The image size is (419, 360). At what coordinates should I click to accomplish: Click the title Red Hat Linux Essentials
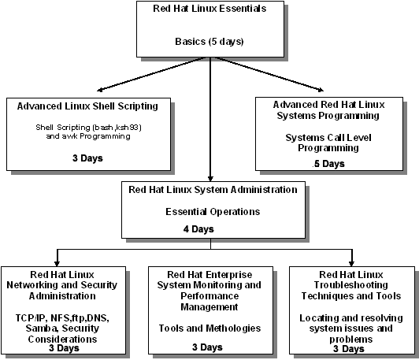tap(209, 9)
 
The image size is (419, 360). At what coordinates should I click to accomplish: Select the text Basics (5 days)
tap(209, 42)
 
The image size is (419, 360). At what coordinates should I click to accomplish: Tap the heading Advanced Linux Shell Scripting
tap(87, 106)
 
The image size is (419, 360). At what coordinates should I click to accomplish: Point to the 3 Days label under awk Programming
tap(87, 158)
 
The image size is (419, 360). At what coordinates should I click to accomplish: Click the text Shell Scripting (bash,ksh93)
tap(88, 128)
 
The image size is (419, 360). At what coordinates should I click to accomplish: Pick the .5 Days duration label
tap(328, 164)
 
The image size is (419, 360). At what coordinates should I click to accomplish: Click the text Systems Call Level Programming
tap(328, 143)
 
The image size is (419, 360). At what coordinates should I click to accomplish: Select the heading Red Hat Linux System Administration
tap(213, 190)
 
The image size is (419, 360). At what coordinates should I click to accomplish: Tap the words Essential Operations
tap(213, 212)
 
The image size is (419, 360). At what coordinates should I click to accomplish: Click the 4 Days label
tap(198, 229)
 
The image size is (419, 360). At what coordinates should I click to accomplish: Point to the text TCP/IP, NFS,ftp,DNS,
tap(62, 318)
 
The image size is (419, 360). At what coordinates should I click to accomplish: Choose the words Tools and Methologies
tap(209, 328)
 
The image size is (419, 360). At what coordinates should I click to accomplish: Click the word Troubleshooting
tap(350, 285)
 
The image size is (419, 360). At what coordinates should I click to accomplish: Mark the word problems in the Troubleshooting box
tap(350, 340)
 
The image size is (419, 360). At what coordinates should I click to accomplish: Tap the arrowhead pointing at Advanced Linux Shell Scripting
tap(100, 90)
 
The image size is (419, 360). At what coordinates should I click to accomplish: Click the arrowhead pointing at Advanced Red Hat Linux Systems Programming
tap(321, 90)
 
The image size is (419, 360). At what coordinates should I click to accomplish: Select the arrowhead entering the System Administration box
tap(210, 179)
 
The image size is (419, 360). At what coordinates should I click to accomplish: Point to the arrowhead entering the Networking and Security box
tap(57, 264)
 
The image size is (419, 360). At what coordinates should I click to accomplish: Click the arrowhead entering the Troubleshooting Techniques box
tap(351, 264)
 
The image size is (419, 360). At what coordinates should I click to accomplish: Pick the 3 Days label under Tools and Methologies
tap(207, 347)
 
